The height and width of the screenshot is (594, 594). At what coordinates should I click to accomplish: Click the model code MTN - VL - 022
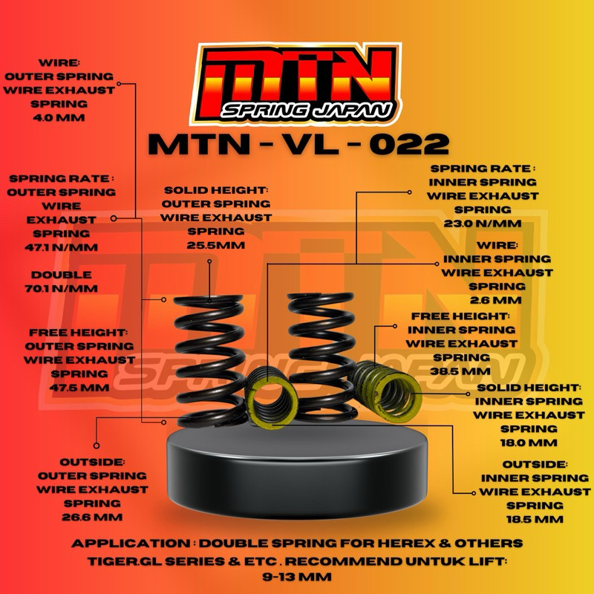point(298,143)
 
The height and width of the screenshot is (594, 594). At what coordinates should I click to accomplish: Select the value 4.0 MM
point(59,117)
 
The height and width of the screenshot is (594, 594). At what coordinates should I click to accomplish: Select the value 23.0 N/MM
point(483,223)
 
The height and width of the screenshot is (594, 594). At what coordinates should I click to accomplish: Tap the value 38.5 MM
point(464,371)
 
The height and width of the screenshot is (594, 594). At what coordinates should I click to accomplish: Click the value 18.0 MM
point(528,443)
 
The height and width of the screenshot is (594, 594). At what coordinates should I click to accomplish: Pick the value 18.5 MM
point(535,518)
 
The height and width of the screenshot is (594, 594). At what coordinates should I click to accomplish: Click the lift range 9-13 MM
point(297,576)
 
